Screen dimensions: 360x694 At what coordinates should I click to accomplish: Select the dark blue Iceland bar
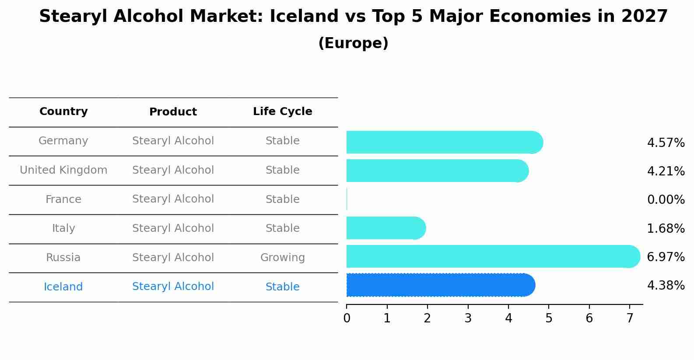click(x=440, y=285)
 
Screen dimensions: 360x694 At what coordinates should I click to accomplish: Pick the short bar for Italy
click(x=386, y=228)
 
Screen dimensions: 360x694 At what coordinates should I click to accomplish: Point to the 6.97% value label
click(x=666, y=257)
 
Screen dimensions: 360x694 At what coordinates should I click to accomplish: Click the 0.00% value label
click(x=666, y=200)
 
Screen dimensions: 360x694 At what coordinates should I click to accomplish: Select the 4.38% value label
click(x=666, y=286)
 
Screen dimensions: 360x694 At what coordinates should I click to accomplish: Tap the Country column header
click(x=63, y=112)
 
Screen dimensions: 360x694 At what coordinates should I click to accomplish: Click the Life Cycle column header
click(x=282, y=112)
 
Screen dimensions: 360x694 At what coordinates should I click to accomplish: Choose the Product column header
click(x=173, y=112)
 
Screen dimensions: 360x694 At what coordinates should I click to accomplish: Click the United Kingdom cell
click(x=63, y=170)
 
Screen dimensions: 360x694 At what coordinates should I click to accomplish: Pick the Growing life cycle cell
click(x=282, y=258)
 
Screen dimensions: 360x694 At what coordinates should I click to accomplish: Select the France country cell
click(x=63, y=199)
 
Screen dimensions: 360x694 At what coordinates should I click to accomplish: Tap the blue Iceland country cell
click(x=63, y=287)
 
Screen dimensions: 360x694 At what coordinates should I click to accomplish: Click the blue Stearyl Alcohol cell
click(x=173, y=287)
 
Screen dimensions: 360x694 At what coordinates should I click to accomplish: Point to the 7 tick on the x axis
click(x=630, y=318)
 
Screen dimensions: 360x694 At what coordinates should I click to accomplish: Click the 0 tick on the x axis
click(x=347, y=318)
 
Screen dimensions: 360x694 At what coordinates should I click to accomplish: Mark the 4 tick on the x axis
click(x=508, y=318)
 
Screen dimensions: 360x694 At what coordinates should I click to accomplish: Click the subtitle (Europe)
click(x=353, y=43)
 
